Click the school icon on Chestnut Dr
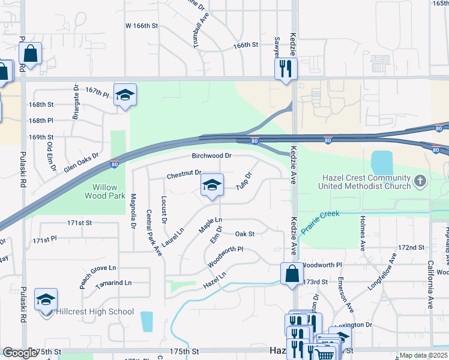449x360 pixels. click(x=211, y=185)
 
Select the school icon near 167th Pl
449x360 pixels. click(x=125, y=95)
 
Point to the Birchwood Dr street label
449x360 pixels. click(x=211, y=155)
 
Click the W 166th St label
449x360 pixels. click(x=141, y=26)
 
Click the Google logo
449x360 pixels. click(x=20, y=353)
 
